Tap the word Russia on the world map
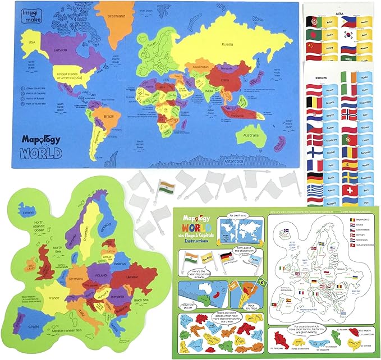click(227, 44)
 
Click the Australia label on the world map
click(250, 135)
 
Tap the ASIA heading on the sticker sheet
click(340, 13)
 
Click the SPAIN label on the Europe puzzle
click(19, 326)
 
